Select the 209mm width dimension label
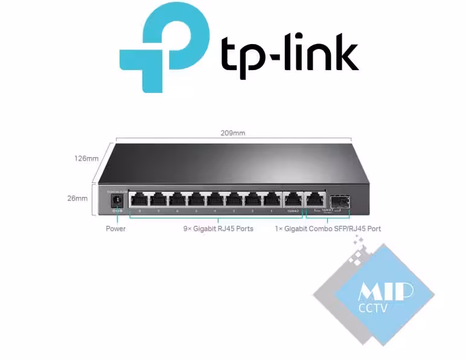point(234,133)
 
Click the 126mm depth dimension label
point(86,158)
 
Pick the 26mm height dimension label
point(77,198)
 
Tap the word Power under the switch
point(116,229)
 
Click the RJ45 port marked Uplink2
point(293,199)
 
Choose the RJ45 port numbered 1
point(272,200)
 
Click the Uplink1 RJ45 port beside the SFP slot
point(314,199)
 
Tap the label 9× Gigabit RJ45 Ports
point(219,229)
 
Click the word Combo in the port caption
point(320,229)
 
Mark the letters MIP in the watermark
point(386,292)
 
